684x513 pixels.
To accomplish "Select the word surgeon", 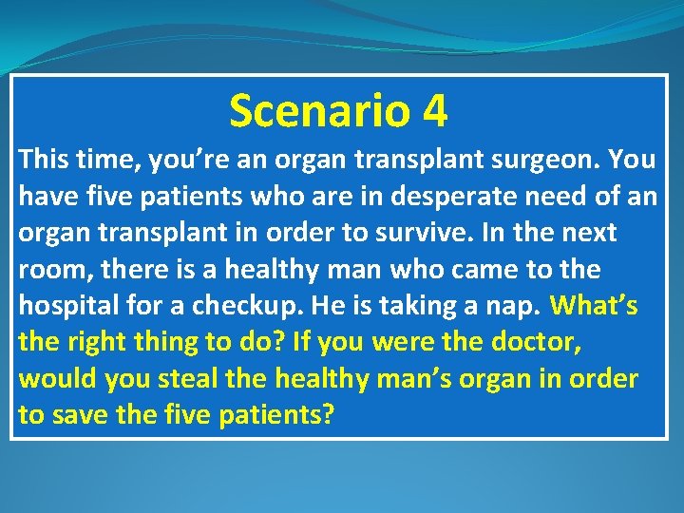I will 544,159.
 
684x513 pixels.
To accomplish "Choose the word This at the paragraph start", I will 45,159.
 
